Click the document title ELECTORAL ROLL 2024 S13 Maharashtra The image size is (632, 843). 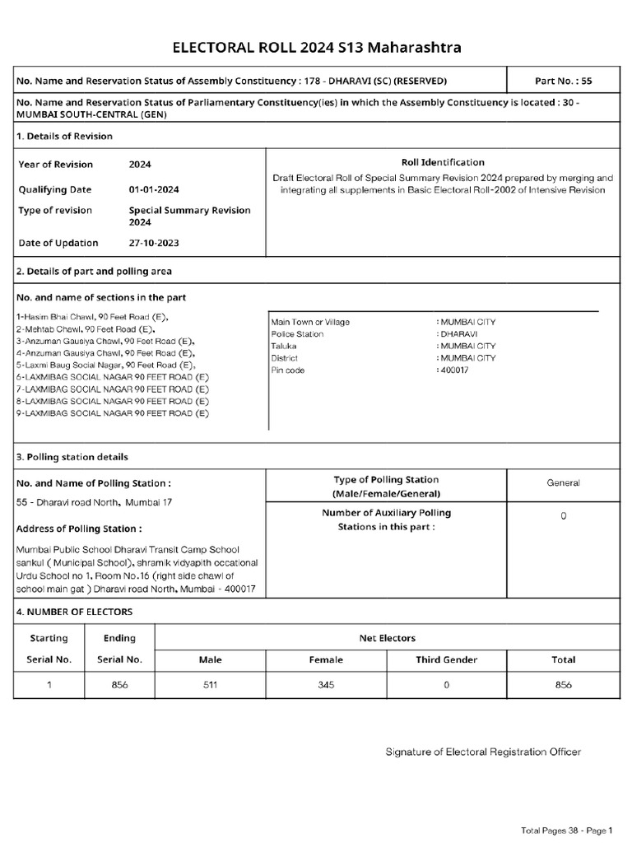[316, 48]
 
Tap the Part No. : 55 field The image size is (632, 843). [564, 82]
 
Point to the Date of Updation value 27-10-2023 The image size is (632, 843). [153, 243]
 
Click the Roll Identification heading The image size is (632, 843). [443, 162]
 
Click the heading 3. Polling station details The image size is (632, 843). [72, 457]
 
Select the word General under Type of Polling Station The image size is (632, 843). [563, 483]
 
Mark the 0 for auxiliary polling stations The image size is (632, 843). [563, 516]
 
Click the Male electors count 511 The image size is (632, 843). [211, 685]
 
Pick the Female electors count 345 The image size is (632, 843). [326, 685]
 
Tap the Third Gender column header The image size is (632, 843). [446, 659]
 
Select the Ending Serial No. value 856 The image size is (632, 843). [119, 685]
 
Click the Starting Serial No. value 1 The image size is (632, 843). [49, 685]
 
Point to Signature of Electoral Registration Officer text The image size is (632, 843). [484, 752]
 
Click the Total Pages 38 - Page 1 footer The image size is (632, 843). [566, 830]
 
